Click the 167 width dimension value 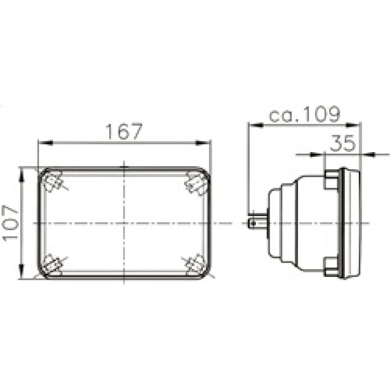[x=124, y=132]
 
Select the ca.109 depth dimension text [x=304, y=115]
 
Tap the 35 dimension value [x=343, y=143]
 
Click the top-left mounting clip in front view [x=52, y=182]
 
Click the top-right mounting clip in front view [x=197, y=184]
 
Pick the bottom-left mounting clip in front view [x=52, y=265]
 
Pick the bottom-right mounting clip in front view [x=196, y=265]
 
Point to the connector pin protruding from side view [x=256, y=223]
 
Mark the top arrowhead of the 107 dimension [x=21, y=172]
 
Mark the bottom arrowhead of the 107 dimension [x=21, y=274]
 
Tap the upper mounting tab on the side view [x=331, y=180]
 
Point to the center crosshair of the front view [x=124, y=223]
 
